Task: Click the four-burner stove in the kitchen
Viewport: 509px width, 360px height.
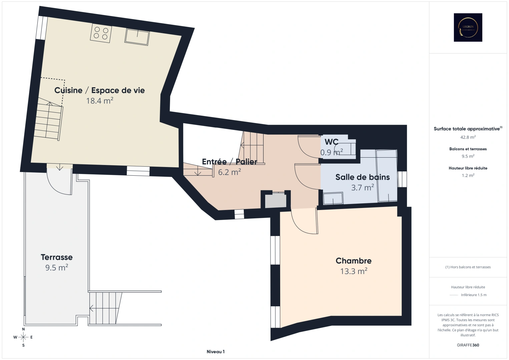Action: (101, 33)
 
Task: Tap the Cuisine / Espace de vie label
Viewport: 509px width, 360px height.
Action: (99, 90)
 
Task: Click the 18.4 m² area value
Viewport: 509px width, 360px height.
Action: (100, 101)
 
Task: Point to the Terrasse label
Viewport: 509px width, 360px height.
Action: (57, 257)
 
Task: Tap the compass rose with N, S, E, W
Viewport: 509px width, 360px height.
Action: (23, 337)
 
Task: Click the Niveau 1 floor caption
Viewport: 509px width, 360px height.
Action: (215, 352)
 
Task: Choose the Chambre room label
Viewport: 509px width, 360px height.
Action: (354, 261)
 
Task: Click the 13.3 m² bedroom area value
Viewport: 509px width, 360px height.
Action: (354, 271)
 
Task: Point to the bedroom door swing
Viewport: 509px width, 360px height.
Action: (304, 222)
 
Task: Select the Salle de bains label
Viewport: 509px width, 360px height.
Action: (363, 177)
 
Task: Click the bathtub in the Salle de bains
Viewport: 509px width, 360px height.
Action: (387, 176)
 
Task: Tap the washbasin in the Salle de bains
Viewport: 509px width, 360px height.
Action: (333, 198)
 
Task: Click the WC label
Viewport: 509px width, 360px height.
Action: (332, 142)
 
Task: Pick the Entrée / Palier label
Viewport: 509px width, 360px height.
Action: (229, 162)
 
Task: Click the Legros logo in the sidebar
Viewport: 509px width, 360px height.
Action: (468, 27)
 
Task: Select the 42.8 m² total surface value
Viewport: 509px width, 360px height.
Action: (468, 137)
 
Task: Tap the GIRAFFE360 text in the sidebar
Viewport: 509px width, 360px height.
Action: (468, 345)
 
